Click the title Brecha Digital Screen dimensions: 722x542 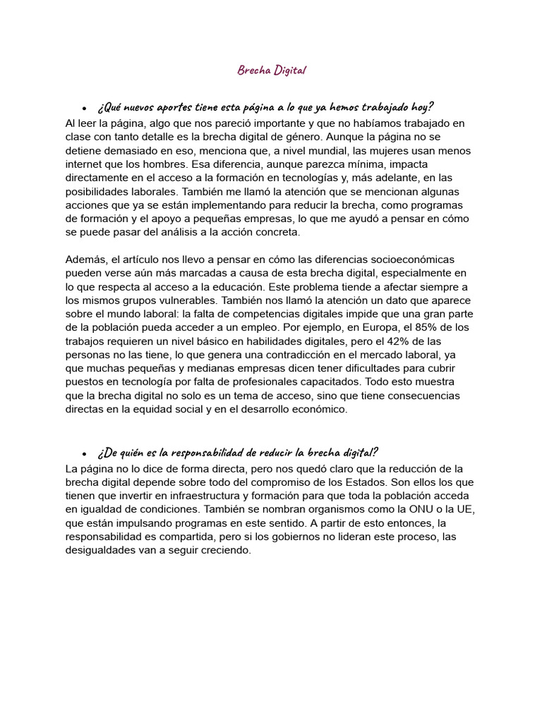[272, 71]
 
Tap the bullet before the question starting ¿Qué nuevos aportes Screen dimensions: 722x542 [84, 109]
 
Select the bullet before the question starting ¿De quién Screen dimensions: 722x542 [84, 453]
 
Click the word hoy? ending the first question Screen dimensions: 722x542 [419, 107]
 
